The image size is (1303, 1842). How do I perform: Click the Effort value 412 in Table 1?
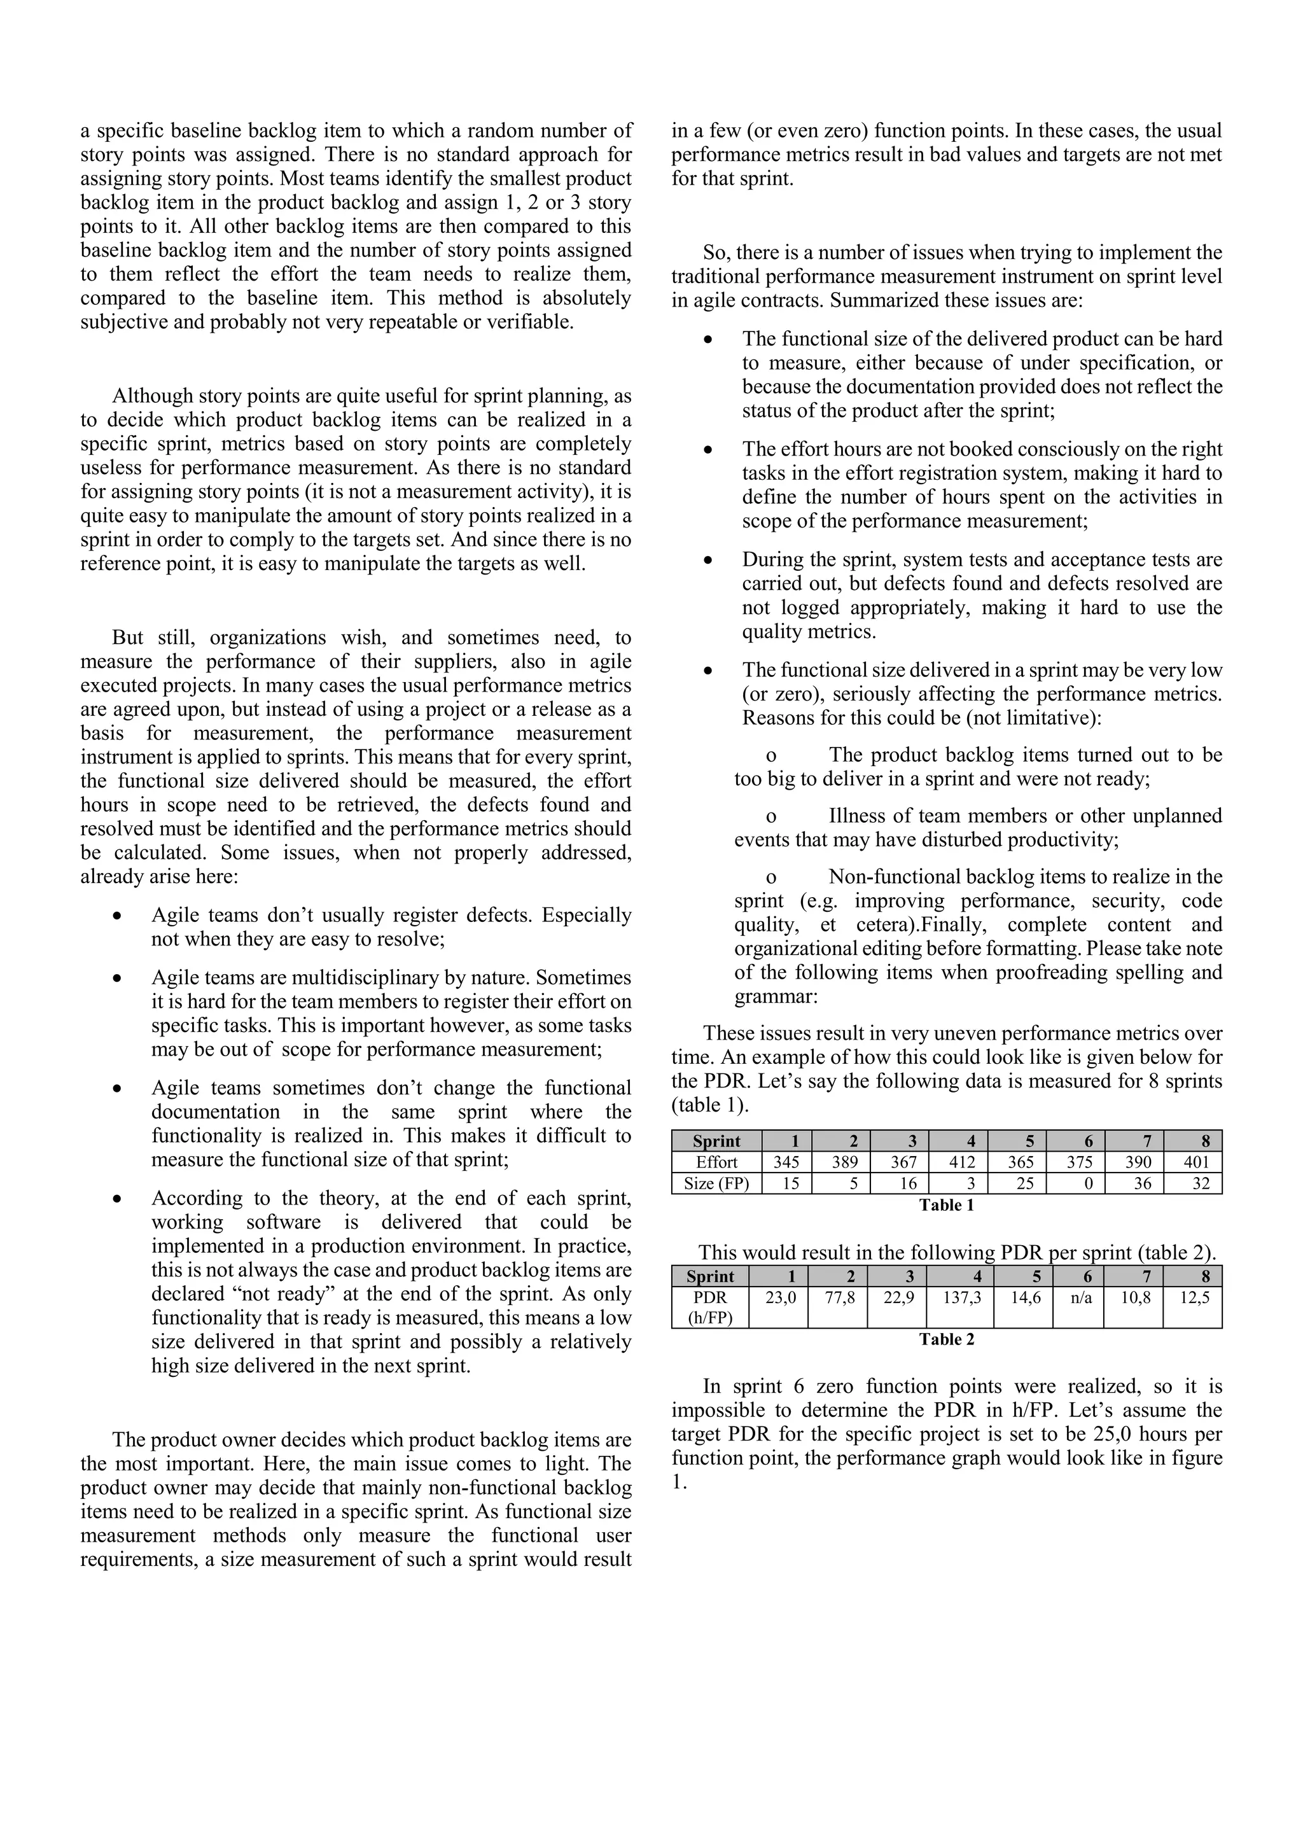point(961,1162)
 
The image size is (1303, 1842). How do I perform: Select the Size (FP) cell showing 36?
point(1142,1183)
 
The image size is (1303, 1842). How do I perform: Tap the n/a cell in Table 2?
point(1081,1298)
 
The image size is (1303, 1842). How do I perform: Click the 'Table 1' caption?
point(946,1205)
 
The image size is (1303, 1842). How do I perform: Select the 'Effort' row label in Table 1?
point(716,1162)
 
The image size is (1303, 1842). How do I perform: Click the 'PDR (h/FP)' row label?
point(710,1308)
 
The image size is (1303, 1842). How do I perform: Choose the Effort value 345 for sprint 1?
point(786,1162)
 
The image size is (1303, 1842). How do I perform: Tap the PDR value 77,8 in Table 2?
point(839,1298)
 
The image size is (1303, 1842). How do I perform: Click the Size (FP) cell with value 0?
point(1088,1183)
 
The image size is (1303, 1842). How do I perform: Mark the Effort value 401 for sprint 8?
point(1195,1162)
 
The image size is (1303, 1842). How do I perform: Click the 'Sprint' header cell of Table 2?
point(710,1276)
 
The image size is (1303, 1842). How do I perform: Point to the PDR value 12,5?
point(1195,1298)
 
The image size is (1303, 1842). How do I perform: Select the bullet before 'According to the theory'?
point(118,1199)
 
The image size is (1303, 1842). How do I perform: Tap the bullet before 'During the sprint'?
point(707,561)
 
